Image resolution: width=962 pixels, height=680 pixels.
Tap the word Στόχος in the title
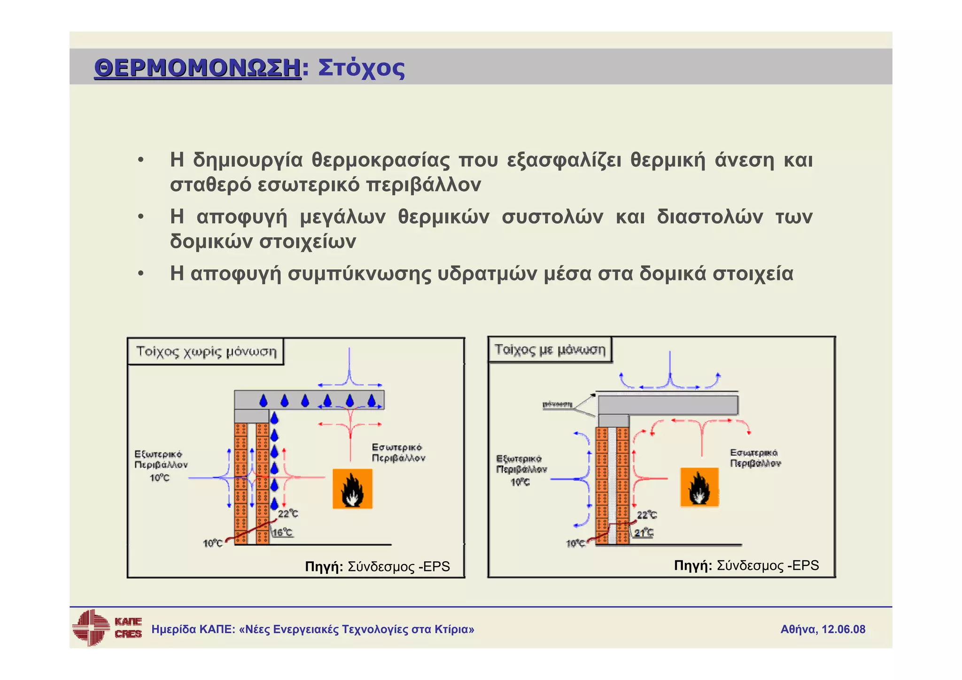pyautogui.click(x=361, y=68)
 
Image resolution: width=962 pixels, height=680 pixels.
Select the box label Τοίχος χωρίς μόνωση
pyautogui.click(x=206, y=352)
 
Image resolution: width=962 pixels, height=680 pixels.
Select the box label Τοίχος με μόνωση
pyautogui.click(x=550, y=350)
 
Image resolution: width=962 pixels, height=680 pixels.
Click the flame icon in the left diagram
pyautogui.click(x=352, y=489)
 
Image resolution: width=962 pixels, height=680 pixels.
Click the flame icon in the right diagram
pyautogui.click(x=699, y=487)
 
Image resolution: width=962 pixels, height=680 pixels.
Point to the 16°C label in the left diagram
pyautogui.click(x=283, y=533)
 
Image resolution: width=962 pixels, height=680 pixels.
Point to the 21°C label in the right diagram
pyautogui.click(x=644, y=533)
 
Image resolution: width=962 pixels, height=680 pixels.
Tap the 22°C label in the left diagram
pyautogui.click(x=288, y=514)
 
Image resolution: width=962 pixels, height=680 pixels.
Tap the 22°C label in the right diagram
pyautogui.click(x=647, y=515)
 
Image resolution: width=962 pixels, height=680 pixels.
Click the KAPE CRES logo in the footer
pyautogui.click(x=107, y=628)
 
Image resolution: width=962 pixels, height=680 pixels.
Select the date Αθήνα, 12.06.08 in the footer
pyautogui.click(x=822, y=629)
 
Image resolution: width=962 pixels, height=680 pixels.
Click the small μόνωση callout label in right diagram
pyautogui.click(x=557, y=404)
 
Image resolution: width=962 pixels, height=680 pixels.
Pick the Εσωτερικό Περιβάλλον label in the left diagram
pyautogui.click(x=398, y=453)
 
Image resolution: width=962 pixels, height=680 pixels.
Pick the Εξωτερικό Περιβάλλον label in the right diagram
pyautogui.click(x=521, y=464)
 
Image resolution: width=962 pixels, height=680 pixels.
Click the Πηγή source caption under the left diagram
pyautogui.click(x=377, y=567)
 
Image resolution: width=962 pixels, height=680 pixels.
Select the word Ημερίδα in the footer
pyautogui.click(x=173, y=629)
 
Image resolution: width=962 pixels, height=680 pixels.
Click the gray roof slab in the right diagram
pyautogui.click(x=667, y=405)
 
